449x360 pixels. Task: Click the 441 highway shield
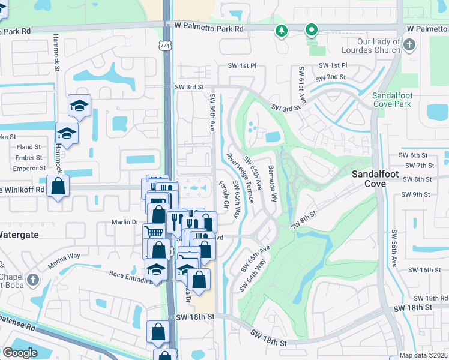tap(164, 46)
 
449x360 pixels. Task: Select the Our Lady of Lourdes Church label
tap(378, 46)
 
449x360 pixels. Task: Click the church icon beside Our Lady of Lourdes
tap(409, 45)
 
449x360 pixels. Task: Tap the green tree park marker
tap(281, 30)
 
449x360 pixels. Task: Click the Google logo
tap(20, 352)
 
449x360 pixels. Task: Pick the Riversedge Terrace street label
tap(240, 177)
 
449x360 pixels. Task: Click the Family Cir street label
tap(223, 194)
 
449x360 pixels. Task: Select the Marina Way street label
tap(65, 256)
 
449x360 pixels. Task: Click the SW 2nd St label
tap(330, 77)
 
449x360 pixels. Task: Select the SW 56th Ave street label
tap(394, 248)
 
